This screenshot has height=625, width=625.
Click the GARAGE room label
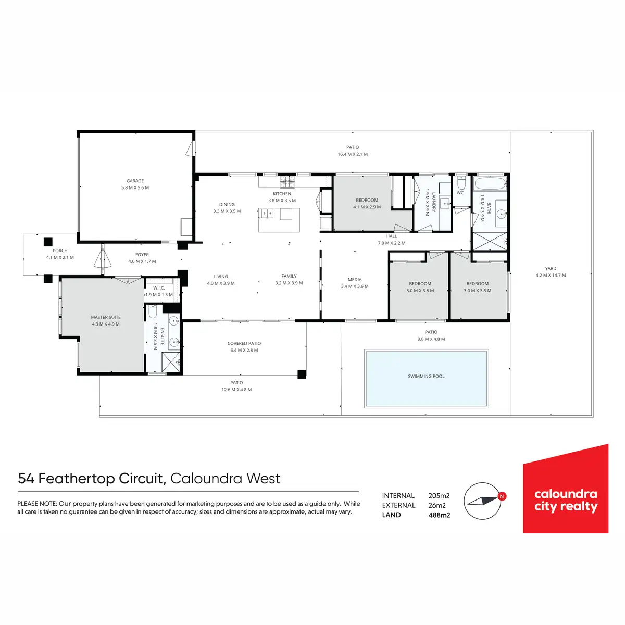click(135, 181)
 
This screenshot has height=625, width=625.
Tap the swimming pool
click(427, 378)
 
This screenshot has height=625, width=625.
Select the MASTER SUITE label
click(106, 317)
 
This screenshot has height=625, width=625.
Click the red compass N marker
click(502, 496)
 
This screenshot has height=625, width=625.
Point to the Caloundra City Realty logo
click(566, 490)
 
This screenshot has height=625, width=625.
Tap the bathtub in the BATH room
click(490, 183)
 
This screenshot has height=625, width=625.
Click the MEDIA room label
click(355, 280)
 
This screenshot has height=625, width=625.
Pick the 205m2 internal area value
click(439, 496)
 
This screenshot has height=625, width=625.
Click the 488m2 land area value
click(439, 515)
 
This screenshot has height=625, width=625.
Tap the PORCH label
click(60, 251)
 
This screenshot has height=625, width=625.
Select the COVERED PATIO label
click(244, 344)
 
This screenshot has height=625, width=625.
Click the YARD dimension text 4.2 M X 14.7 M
click(551, 276)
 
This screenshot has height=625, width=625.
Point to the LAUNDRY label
click(433, 202)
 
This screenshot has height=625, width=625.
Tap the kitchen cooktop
click(287, 182)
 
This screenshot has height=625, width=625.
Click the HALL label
click(392, 236)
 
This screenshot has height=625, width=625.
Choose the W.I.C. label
click(159, 288)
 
